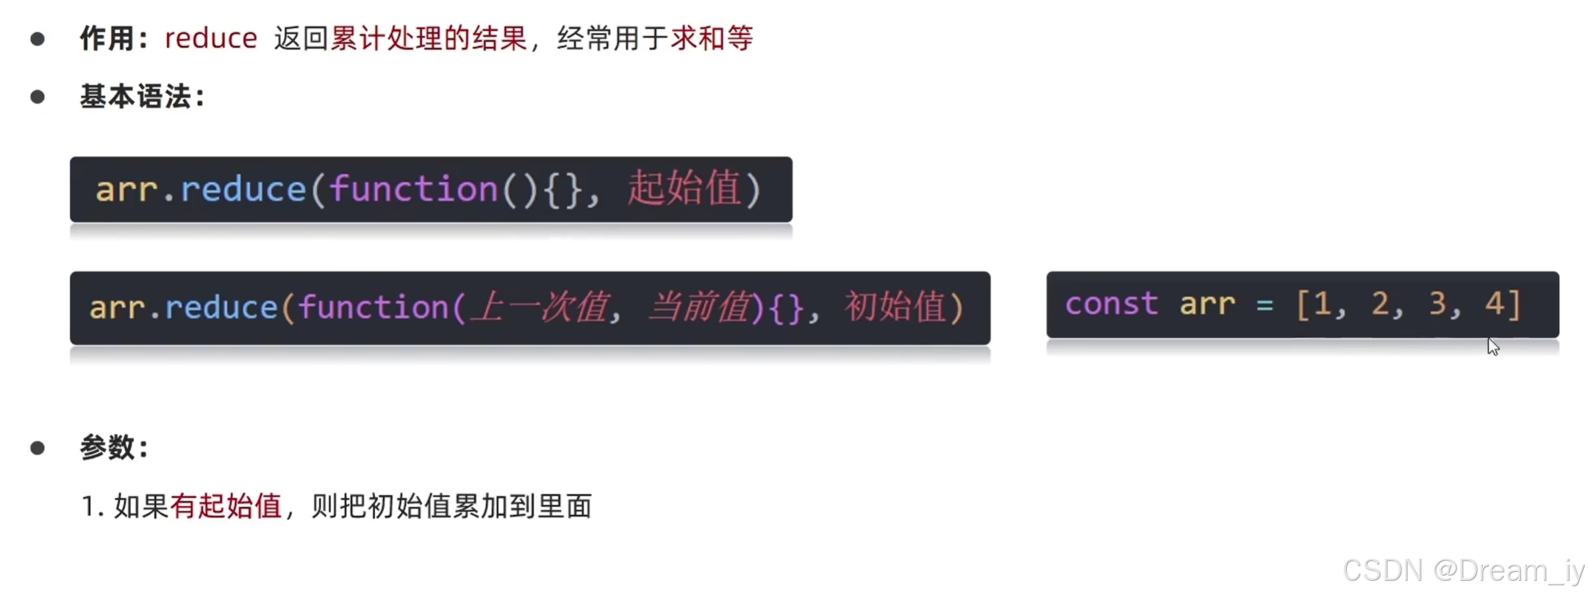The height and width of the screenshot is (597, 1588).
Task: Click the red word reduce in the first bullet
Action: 210,38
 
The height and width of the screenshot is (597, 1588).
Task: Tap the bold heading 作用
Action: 107,38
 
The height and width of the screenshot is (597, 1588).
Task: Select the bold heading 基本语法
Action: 135,96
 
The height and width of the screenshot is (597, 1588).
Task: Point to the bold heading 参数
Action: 107,447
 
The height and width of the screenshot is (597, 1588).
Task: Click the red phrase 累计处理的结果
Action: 429,38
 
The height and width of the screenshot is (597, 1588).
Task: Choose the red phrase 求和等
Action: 712,38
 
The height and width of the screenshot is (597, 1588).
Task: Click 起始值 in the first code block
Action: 684,189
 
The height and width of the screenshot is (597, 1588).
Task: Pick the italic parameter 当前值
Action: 698,307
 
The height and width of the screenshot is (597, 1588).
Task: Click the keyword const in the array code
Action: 1111,304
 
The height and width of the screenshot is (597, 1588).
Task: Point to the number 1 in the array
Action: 1323,304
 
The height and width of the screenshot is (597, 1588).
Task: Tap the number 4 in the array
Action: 1494,304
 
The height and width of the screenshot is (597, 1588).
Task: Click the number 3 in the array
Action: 1437,304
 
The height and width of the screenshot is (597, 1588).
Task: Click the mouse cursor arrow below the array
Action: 1492,346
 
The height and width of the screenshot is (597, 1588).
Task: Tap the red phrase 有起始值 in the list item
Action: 226,506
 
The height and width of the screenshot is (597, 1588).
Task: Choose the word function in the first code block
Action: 413,189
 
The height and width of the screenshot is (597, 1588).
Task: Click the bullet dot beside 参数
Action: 37,448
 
